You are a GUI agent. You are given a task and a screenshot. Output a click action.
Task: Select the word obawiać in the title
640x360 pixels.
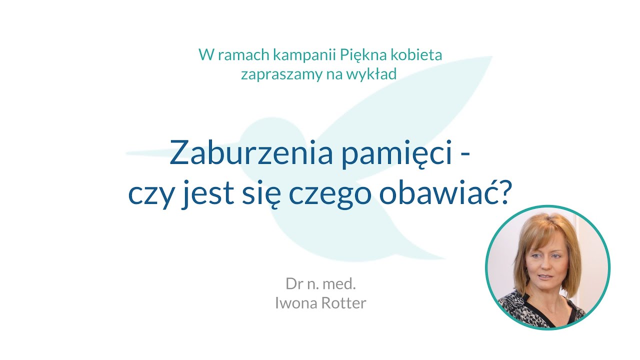pyautogui.click(x=436, y=194)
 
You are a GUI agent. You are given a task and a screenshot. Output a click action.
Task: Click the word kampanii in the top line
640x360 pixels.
pyautogui.click(x=285, y=54)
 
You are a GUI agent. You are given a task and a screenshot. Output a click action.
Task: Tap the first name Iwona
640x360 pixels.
pyautogui.click(x=294, y=303)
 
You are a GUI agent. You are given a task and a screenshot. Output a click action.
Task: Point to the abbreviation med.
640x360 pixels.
pyautogui.click(x=341, y=284)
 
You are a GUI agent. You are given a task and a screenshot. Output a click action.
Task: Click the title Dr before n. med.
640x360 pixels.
pyautogui.click(x=294, y=284)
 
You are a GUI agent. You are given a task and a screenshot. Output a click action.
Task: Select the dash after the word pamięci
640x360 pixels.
pyautogui.click(x=465, y=156)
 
